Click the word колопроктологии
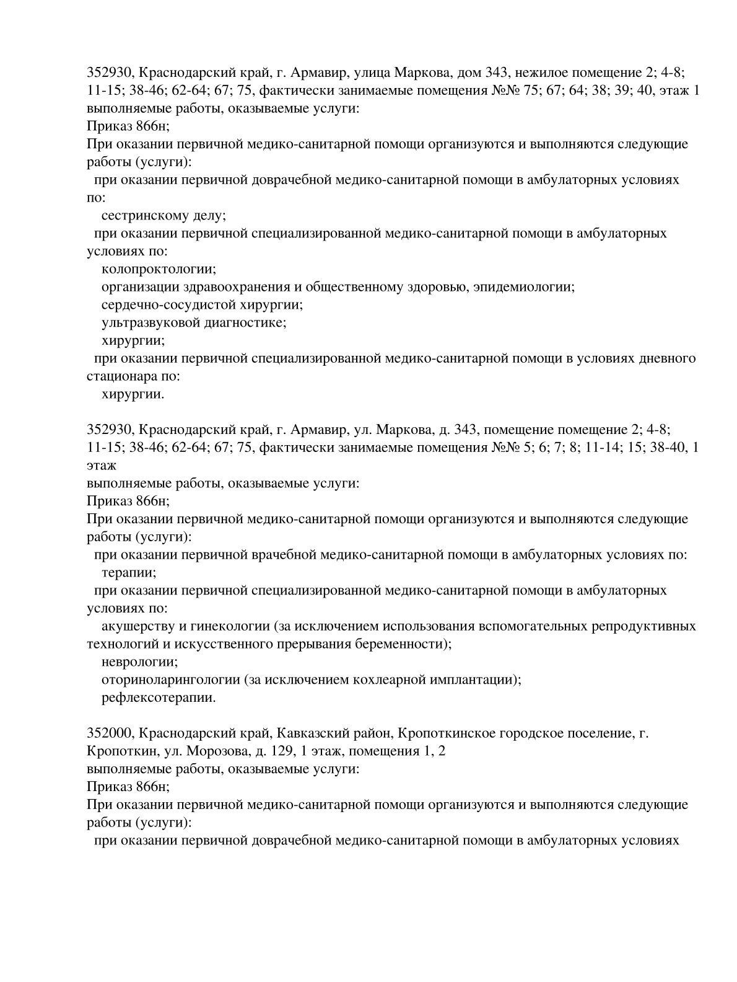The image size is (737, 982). click(x=159, y=270)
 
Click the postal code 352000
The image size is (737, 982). click(x=108, y=734)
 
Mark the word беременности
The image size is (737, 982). click(x=403, y=644)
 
